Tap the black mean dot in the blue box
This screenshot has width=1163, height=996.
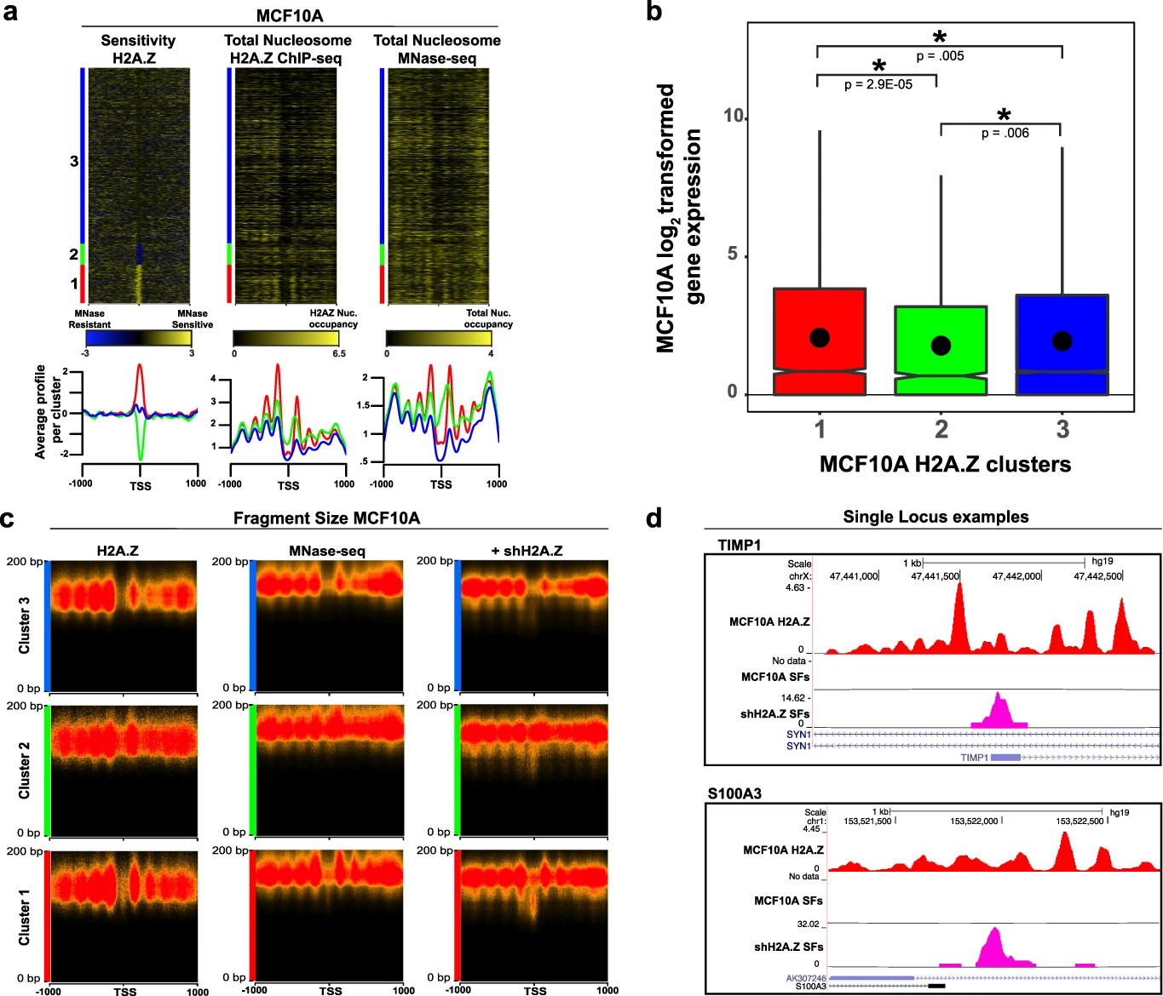click(1062, 341)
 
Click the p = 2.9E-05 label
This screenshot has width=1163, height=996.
click(878, 85)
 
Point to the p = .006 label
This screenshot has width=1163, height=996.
click(1005, 133)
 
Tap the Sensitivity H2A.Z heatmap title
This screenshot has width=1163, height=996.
click(138, 48)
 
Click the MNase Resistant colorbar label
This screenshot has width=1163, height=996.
click(89, 319)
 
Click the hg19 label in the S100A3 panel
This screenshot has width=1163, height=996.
click(1119, 813)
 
